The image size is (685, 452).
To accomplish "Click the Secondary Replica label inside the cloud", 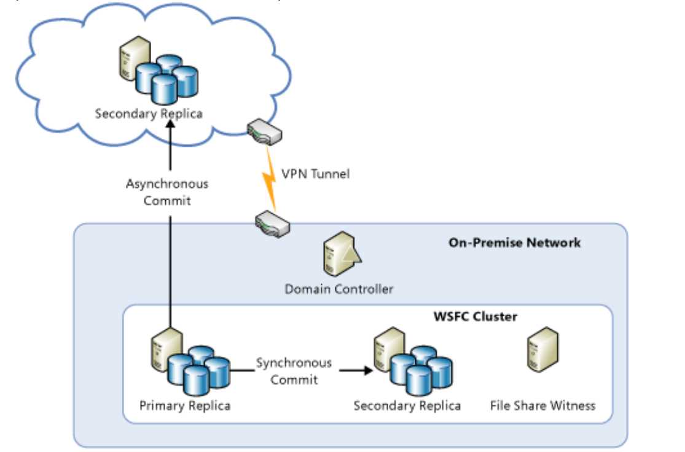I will coord(149,114).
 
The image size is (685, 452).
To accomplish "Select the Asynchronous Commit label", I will coord(167,192).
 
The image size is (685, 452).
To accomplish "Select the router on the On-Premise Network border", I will coord(273,224).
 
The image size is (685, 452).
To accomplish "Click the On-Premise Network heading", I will coord(514,243).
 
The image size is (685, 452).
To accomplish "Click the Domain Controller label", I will coord(339,289).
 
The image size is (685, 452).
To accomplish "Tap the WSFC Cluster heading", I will coord(475,318).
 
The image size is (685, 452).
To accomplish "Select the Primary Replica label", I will coord(185,406).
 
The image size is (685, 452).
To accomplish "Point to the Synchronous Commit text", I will coord(294,371).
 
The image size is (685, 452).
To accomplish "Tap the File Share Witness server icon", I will coord(543,351).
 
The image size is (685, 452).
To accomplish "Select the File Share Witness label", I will coord(542,406).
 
